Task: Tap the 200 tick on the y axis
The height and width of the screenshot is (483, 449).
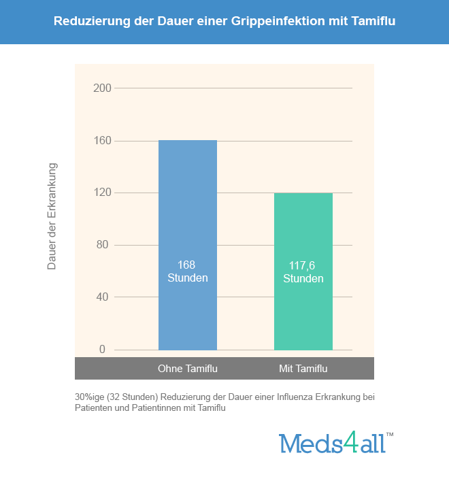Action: (x=103, y=88)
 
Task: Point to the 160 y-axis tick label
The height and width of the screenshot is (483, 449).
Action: (x=103, y=141)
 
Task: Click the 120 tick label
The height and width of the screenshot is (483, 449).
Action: (x=103, y=193)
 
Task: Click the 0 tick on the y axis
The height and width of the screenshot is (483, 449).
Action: (x=103, y=349)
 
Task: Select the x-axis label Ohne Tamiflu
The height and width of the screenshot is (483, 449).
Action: (x=187, y=369)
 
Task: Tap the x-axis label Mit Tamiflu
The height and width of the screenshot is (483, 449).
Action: (x=303, y=369)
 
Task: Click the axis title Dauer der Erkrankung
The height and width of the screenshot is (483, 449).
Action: (x=52, y=216)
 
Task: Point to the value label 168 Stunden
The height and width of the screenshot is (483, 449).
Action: (x=187, y=271)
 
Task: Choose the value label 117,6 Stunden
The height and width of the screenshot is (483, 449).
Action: (x=303, y=271)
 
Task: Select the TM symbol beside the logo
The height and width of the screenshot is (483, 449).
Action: (x=390, y=434)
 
